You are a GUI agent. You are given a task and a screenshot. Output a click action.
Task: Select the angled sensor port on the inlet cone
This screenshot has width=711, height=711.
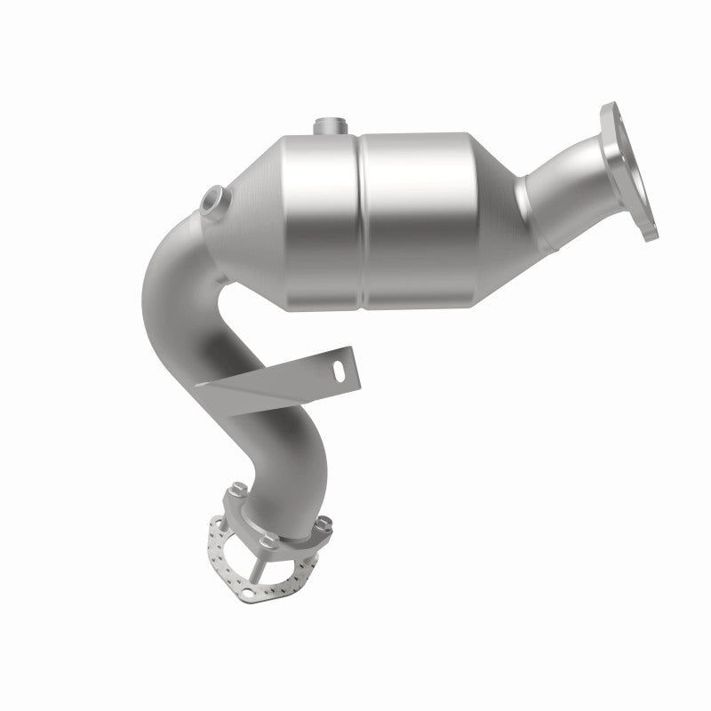click(211, 201)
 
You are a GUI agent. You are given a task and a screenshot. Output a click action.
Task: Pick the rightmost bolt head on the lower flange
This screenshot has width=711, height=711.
click(324, 522)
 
